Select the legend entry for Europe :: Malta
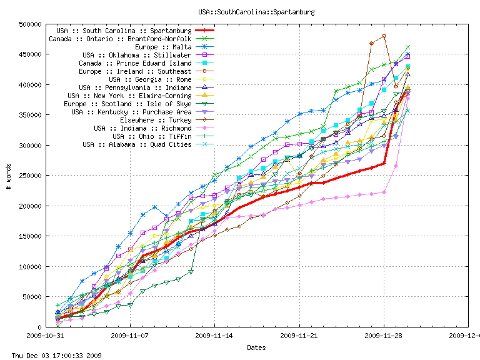click(x=163, y=47)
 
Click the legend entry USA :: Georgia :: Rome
click(x=150, y=79)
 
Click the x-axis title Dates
click(x=256, y=347)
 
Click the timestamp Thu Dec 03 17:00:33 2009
click(x=51, y=356)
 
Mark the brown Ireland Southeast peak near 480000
click(x=384, y=36)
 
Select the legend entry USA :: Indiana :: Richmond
click(x=142, y=128)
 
